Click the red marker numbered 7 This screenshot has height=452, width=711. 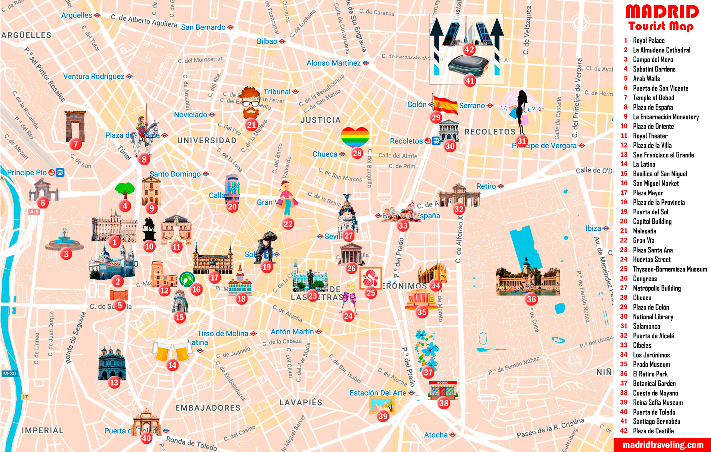click(x=76, y=144)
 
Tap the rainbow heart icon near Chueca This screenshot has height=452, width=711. click(x=355, y=137)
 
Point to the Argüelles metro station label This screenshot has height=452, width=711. click(x=77, y=15)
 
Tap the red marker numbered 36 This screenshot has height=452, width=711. click(x=531, y=299)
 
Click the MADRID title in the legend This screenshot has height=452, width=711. click(x=662, y=12)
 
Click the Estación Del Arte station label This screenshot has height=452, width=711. click(x=378, y=393)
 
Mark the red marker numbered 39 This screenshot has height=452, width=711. click(x=383, y=416)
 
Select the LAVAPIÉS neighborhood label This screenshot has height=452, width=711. click(x=301, y=402)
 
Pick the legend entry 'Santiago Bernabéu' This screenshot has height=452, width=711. click(x=656, y=421)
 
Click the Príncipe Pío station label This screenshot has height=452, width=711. click(x=27, y=172)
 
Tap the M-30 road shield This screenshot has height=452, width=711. click(x=9, y=374)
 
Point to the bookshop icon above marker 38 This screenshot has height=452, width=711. click(x=442, y=390)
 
